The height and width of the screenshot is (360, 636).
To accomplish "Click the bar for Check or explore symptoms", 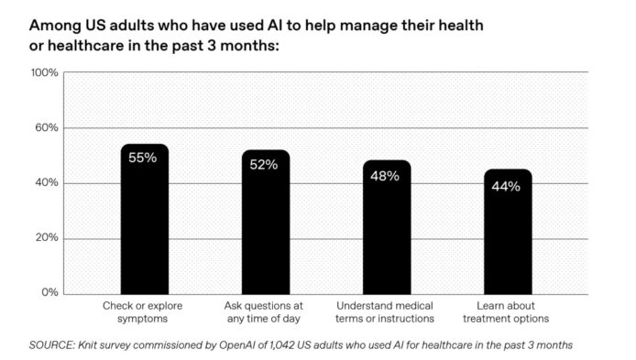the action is [145, 219].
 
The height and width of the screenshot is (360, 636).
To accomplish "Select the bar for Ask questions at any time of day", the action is [266, 223].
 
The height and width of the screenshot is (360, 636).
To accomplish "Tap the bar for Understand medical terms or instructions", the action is [387, 227].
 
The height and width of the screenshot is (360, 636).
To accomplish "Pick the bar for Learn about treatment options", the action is [508, 232].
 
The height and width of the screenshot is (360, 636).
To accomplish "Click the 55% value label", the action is [142, 158].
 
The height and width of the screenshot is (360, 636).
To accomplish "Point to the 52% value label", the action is [264, 165].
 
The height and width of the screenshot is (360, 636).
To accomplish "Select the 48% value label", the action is [385, 176].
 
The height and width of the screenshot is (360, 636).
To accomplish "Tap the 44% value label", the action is [506, 187].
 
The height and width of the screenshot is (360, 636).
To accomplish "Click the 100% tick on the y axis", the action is [45, 72].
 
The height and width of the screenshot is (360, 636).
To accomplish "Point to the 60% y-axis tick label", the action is [47, 127].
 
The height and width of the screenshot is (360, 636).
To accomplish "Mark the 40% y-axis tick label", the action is [47, 183].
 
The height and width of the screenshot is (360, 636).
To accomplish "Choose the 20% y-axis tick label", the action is [47, 237].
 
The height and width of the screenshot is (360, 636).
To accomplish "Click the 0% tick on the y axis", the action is [49, 292].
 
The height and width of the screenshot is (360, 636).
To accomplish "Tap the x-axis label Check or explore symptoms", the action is [142, 312].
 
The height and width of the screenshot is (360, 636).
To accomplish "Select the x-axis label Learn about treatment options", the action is [506, 312].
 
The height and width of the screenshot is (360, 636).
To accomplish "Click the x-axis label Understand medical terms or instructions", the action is [385, 312].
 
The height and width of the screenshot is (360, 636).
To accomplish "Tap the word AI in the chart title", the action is [275, 25].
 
